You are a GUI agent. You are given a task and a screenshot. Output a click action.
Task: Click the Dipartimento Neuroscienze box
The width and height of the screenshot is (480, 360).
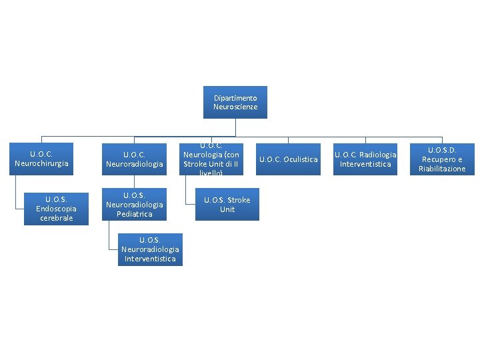(235, 102)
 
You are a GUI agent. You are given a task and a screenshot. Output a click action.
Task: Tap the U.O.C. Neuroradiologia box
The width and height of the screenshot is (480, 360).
(134, 159)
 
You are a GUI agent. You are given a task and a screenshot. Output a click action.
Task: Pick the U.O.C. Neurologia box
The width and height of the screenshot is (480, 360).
(212, 159)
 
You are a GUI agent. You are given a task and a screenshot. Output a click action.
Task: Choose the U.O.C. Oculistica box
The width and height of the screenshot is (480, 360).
(288, 159)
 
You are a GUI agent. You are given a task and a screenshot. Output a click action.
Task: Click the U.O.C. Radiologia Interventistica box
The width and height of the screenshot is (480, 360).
(365, 159)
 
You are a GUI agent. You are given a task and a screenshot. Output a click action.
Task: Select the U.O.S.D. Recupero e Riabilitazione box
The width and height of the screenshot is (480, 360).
(441, 159)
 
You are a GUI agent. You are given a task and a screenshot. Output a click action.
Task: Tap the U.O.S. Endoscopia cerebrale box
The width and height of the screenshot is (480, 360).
(56, 208)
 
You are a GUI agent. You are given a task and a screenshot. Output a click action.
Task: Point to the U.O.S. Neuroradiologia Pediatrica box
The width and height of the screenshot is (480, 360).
(134, 204)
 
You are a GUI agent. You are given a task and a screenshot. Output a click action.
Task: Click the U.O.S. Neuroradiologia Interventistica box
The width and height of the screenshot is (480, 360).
(149, 248)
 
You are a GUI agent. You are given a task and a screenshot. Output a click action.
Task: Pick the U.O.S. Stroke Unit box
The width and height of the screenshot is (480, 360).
(227, 204)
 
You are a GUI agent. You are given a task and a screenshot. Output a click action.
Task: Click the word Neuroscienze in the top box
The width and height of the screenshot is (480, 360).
(235, 107)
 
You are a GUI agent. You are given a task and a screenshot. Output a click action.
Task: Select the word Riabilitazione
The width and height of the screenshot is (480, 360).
(442, 169)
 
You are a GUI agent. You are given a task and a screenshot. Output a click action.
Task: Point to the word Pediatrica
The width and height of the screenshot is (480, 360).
(134, 214)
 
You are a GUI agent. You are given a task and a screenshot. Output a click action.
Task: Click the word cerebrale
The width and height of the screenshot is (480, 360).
(56, 218)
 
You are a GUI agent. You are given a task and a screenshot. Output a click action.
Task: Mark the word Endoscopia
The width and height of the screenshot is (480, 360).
(56, 209)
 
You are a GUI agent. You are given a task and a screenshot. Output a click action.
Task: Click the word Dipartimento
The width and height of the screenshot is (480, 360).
(235, 97)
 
